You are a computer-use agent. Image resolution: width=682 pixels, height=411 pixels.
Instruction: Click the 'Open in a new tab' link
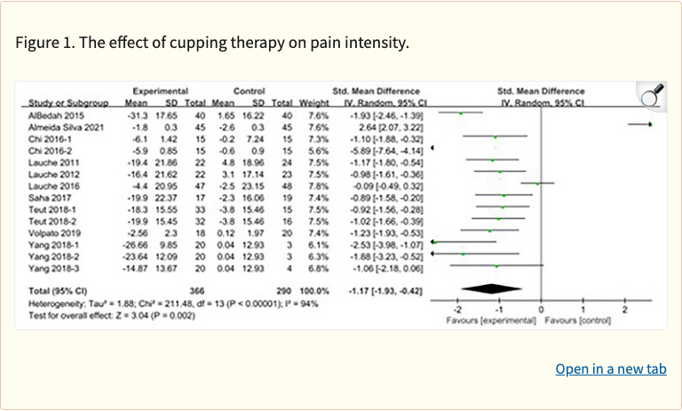tap(611, 368)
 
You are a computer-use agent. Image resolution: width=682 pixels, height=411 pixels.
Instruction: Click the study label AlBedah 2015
tap(52, 114)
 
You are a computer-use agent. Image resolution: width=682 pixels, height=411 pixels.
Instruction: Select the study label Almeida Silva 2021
tap(63, 126)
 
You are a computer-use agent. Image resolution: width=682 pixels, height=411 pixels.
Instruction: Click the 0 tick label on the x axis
tap(541, 308)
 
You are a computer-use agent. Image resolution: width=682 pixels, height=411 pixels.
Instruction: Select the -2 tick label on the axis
tap(456, 308)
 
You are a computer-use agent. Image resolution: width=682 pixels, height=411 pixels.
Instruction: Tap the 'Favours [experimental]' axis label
tap(490, 319)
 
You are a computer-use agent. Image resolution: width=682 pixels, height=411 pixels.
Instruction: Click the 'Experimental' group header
tap(161, 91)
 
